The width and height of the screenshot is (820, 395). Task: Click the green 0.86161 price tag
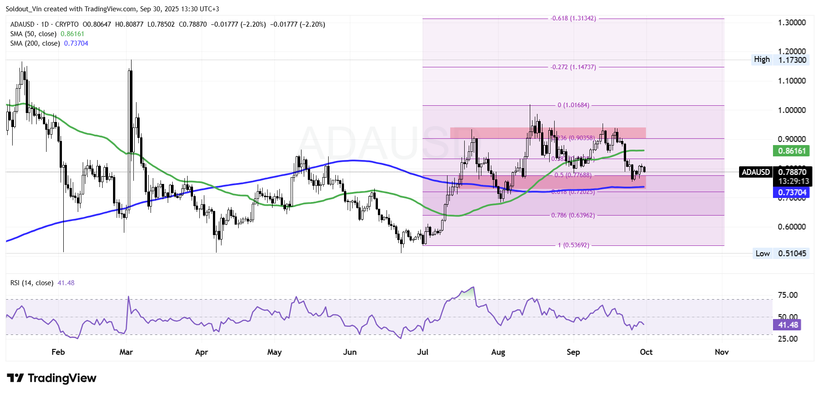point(791,151)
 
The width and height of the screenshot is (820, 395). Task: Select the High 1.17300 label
point(780,60)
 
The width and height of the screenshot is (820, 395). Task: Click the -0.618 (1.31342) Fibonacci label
point(573,19)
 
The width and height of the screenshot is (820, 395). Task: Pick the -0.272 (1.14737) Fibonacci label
point(573,67)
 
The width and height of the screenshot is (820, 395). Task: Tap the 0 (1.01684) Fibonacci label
point(573,105)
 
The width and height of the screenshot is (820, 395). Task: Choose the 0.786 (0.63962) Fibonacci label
point(573,215)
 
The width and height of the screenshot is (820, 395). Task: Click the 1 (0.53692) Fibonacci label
point(573,245)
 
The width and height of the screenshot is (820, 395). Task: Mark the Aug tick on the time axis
point(498,352)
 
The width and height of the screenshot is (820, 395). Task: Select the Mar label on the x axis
point(126,352)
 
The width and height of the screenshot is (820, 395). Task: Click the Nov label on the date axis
point(721,352)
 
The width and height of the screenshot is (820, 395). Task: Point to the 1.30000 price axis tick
point(792,23)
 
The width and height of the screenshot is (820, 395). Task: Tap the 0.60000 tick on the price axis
point(792,227)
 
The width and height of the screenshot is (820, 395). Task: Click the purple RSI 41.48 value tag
point(788,325)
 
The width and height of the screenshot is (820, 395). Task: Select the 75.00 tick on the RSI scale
point(787,295)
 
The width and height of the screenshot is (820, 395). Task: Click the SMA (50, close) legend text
point(33,34)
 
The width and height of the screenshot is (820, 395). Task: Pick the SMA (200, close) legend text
point(35,43)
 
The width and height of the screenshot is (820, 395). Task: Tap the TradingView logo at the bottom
point(52,378)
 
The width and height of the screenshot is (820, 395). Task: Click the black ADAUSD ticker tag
point(756,172)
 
